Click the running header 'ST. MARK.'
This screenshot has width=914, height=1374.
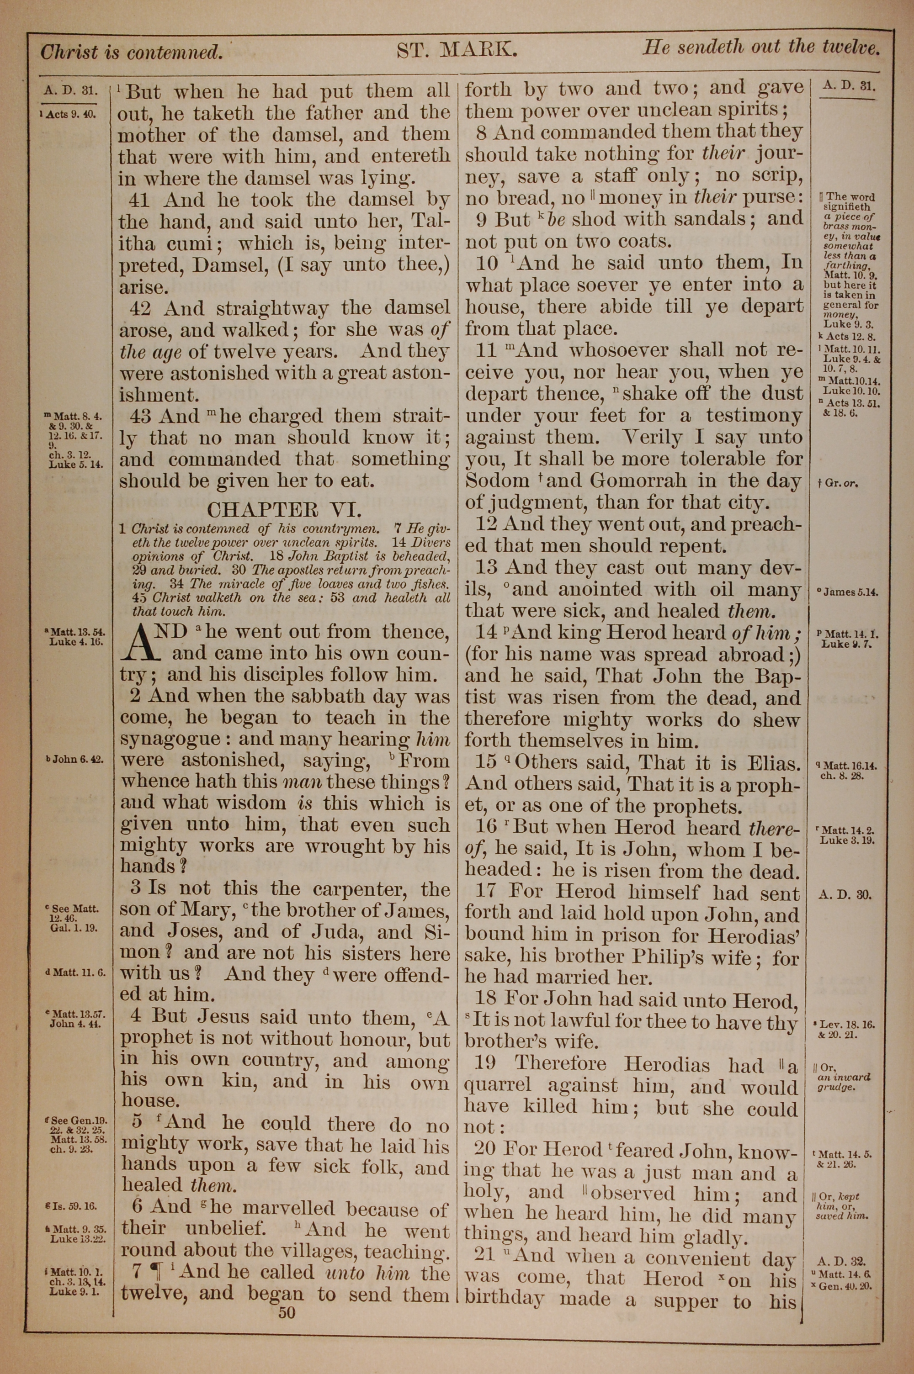coord(457,51)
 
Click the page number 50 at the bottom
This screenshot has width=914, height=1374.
coord(287,1313)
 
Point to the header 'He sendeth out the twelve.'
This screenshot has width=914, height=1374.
coord(761,48)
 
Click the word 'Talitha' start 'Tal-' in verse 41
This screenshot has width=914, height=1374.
coord(431,222)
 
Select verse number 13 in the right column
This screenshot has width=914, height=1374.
coord(486,567)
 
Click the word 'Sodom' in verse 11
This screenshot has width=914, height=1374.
coord(497,481)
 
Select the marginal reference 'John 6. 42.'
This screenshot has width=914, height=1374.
coord(74,760)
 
